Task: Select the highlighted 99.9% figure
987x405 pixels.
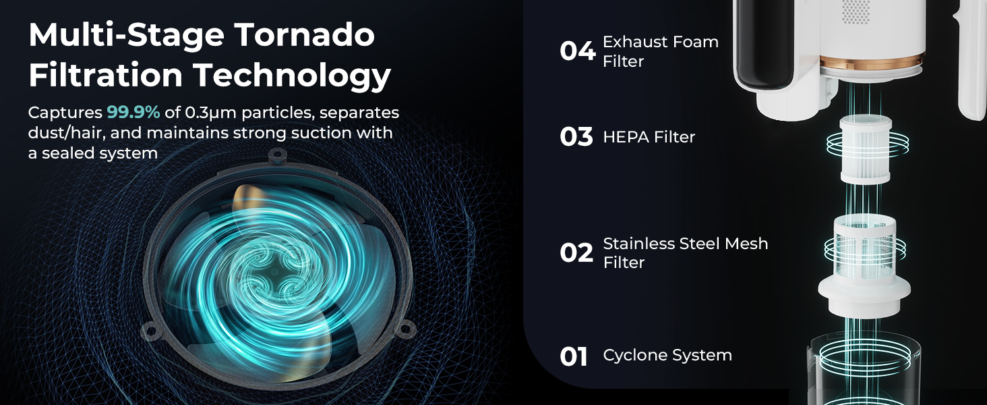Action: pyautogui.click(x=133, y=112)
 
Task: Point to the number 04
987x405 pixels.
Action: pyautogui.click(x=577, y=51)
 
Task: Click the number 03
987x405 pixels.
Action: pyautogui.click(x=576, y=137)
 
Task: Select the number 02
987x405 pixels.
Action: pyautogui.click(x=576, y=253)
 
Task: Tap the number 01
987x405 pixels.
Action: pyautogui.click(x=574, y=356)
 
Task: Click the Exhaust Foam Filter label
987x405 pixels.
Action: pyautogui.click(x=660, y=51)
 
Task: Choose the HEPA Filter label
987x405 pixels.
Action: pyautogui.click(x=649, y=137)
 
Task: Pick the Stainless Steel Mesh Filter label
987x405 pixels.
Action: pyautogui.click(x=685, y=252)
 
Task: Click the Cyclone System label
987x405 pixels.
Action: pyautogui.click(x=667, y=355)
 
